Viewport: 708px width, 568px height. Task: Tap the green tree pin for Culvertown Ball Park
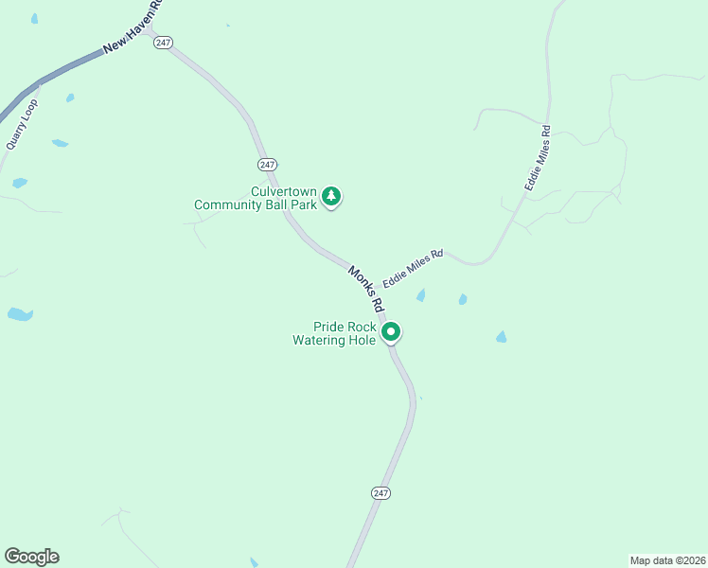[330, 196]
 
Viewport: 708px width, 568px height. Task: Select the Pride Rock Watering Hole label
[334, 333]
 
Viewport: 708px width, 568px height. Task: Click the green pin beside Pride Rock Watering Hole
[391, 331]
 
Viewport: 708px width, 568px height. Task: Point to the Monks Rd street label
[364, 288]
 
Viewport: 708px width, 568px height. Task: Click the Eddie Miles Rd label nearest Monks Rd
[413, 270]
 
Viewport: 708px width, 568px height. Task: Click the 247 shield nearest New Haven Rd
[163, 44]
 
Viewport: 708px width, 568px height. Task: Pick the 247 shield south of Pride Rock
[381, 493]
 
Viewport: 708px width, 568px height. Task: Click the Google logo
[31, 557]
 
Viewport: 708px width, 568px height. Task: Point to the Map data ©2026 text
[667, 560]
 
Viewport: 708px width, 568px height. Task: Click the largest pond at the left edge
[19, 314]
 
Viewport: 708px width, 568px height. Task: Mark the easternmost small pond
[501, 337]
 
